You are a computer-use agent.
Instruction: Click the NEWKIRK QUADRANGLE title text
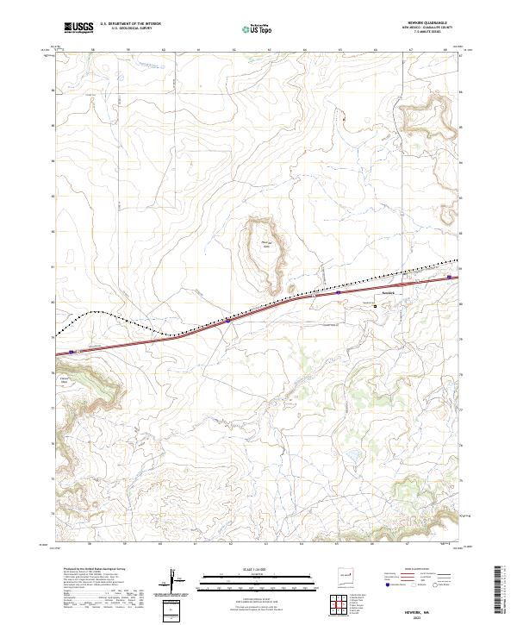(427, 23)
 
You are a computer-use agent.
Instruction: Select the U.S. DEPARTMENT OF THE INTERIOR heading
(130, 23)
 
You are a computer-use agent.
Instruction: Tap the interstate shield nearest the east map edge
(449, 277)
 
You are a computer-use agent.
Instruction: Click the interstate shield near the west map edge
(71, 352)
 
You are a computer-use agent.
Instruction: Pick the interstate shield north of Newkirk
(339, 292)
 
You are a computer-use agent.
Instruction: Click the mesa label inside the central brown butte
(265, 246)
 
